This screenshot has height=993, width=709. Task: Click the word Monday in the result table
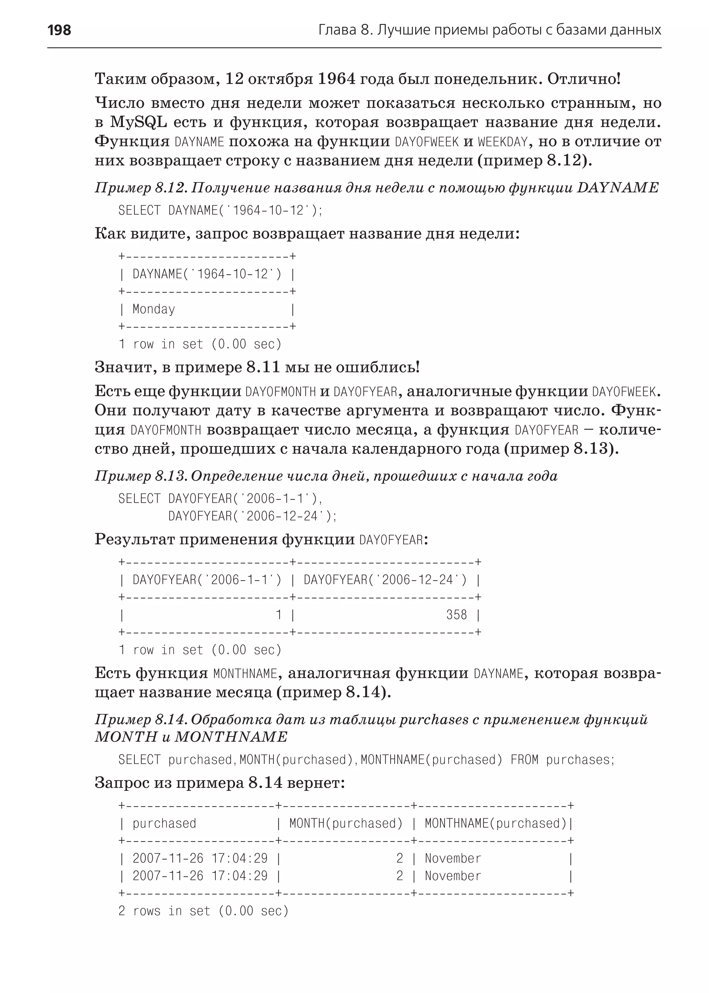point(154,309)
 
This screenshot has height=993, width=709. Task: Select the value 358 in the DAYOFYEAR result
point(456,615)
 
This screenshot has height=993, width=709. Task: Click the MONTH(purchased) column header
point(346,824)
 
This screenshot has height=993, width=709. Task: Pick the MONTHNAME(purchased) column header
point(495,824)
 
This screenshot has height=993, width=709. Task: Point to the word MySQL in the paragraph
point(138,122)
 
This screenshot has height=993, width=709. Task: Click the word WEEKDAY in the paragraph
point(503,142)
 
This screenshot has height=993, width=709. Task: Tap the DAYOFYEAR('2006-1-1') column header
point(207,580)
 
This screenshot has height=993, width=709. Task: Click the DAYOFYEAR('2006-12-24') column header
point(385,580)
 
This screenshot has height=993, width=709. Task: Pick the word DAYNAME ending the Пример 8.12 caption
point(617,188)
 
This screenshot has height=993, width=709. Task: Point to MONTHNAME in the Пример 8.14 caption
point(231,737)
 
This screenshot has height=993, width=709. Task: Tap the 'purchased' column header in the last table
point(164,824)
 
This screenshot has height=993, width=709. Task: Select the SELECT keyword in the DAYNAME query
point(139,211)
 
